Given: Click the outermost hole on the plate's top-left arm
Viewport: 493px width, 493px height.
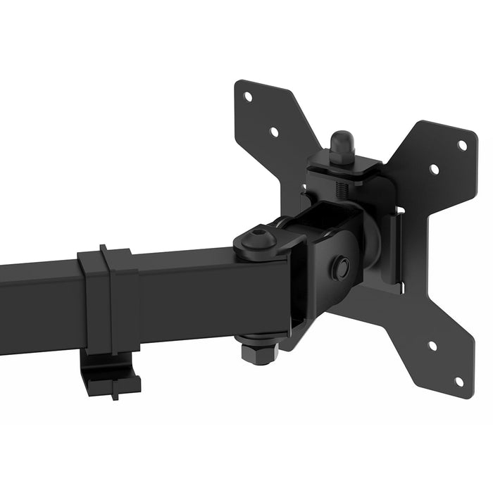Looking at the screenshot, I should click(248, 97).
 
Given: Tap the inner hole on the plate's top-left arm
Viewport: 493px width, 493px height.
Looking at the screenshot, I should click(274, 131).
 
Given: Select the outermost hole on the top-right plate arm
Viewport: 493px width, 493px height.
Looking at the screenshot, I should click(462, 146).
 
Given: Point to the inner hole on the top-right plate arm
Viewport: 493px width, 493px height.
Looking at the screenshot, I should click(434, 170).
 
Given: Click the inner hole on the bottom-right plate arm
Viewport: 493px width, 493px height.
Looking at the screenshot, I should click(432, 346).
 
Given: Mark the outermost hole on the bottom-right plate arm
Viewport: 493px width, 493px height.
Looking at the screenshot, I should click(459, 381).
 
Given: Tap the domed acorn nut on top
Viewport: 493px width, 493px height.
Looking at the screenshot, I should click(342, 146).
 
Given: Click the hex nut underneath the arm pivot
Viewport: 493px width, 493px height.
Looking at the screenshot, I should click(259, 350).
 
